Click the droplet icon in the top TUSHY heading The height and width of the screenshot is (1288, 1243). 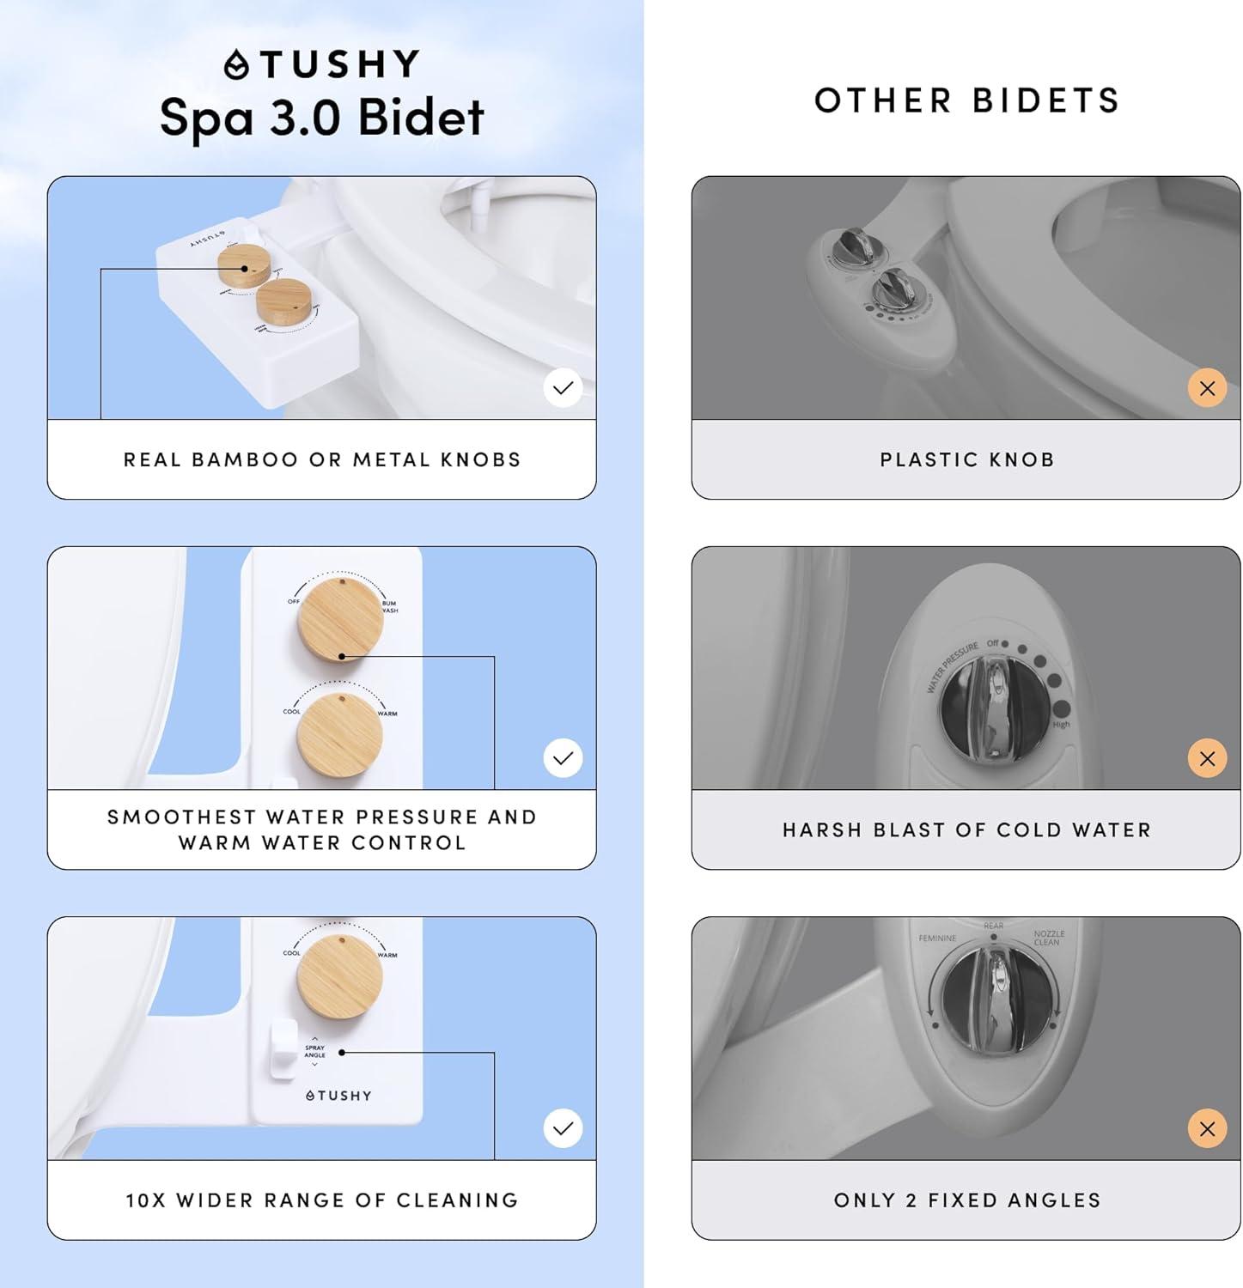click(x=236, y=65)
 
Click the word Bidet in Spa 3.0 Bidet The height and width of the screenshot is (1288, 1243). click(x=421, y=118)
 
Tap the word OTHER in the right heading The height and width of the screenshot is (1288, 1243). click(x=882, y=101)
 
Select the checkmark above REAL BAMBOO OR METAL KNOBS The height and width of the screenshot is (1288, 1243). click(x=563, y=388)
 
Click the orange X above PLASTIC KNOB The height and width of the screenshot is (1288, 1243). click(x=1207, y=388)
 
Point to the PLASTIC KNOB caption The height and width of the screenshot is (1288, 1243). click(x=966, y=460)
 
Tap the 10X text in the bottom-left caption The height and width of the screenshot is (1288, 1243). click(x=145, y=1200)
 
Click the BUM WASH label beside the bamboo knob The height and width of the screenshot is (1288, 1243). click(x=389, y=606)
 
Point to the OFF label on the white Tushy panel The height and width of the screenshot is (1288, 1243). click(x=294, y=601)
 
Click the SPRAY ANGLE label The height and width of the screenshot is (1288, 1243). click(x=315, y=1051)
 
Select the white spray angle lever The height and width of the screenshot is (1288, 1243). click(x=283, y=1048)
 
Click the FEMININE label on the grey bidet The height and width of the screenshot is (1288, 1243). click(x=937, y=939)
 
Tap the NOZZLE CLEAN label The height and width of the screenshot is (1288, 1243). click(x=1049, y=938)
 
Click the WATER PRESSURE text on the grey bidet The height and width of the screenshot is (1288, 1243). click(x=952, y=666)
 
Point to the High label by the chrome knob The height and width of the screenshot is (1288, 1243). click(x=1061, y=725)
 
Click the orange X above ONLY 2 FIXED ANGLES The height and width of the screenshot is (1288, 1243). click(x=1207, y=1128)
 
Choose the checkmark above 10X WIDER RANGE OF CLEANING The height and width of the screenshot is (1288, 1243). click(x=563, y=1128)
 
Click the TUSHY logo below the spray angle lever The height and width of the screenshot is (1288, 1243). click(x=338, y=1096)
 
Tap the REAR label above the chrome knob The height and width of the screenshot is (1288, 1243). click(x=993, y=927)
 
